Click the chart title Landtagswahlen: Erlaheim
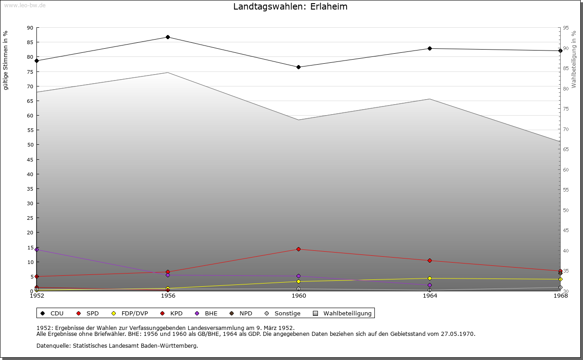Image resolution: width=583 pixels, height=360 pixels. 290,7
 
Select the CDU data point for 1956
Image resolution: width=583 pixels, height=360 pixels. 168,37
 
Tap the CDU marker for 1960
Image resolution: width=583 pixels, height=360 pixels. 298,67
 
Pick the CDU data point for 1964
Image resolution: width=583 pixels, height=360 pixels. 430,48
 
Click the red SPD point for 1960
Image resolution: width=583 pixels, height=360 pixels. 298,249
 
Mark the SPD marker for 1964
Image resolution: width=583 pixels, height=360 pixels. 430,260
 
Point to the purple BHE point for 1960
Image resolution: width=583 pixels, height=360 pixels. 298,276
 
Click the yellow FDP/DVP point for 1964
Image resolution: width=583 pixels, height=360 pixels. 430,278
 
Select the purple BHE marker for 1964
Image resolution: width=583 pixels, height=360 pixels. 430,285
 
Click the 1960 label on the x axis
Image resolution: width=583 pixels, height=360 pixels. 299,296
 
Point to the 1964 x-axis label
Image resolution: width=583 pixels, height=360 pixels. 430,296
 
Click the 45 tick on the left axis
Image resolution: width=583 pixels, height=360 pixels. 30,159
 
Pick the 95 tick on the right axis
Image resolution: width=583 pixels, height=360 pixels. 565,28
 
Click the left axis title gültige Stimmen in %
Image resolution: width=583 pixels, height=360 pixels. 6,60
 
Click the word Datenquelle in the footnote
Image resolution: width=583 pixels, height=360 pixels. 51,345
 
